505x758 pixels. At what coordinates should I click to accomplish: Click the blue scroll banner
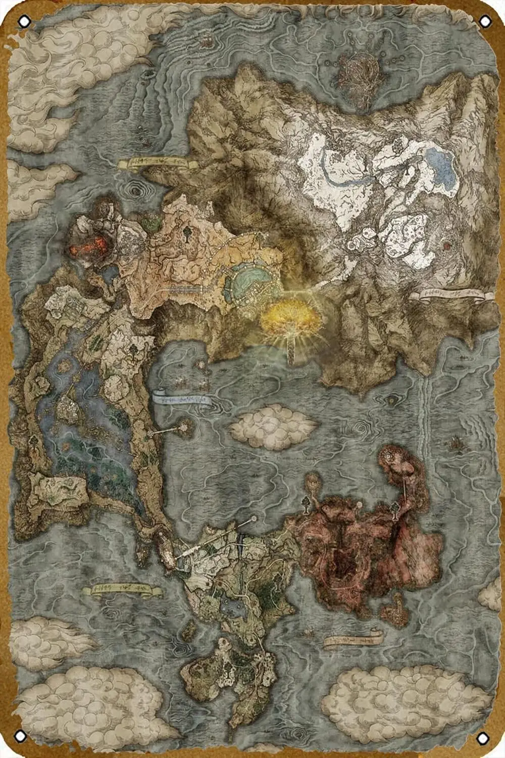coord(182,399)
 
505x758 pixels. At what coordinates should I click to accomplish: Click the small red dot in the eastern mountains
coord(446,246)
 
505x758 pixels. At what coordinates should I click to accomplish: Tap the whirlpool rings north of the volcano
coord(135,192)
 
